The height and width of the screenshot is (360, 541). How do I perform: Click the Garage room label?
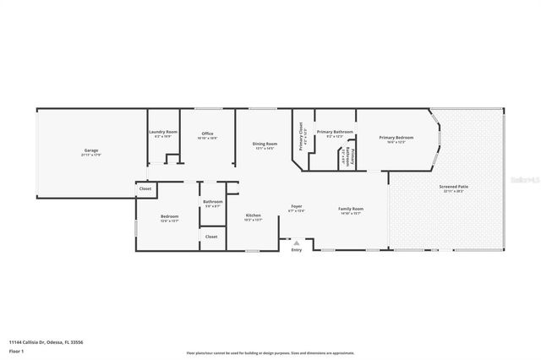[90, 151]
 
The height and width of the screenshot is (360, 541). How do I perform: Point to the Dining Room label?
[265, 145]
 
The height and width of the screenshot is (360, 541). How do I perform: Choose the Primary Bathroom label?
[335, 133]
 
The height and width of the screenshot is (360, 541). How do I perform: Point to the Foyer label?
[297, 207]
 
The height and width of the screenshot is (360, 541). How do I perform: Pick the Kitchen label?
[254, 216]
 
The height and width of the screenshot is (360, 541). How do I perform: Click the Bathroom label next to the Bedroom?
[212, 202]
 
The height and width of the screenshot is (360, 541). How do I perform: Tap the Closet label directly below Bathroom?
[211, 237]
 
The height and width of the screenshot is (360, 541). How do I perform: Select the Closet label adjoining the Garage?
[145, 188]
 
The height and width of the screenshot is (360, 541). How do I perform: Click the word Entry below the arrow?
[296, 250]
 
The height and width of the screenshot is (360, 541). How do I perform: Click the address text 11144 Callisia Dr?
[46, 342]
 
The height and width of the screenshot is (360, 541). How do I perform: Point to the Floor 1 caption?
[17, 351]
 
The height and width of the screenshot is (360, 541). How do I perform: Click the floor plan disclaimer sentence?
[270, 352]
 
